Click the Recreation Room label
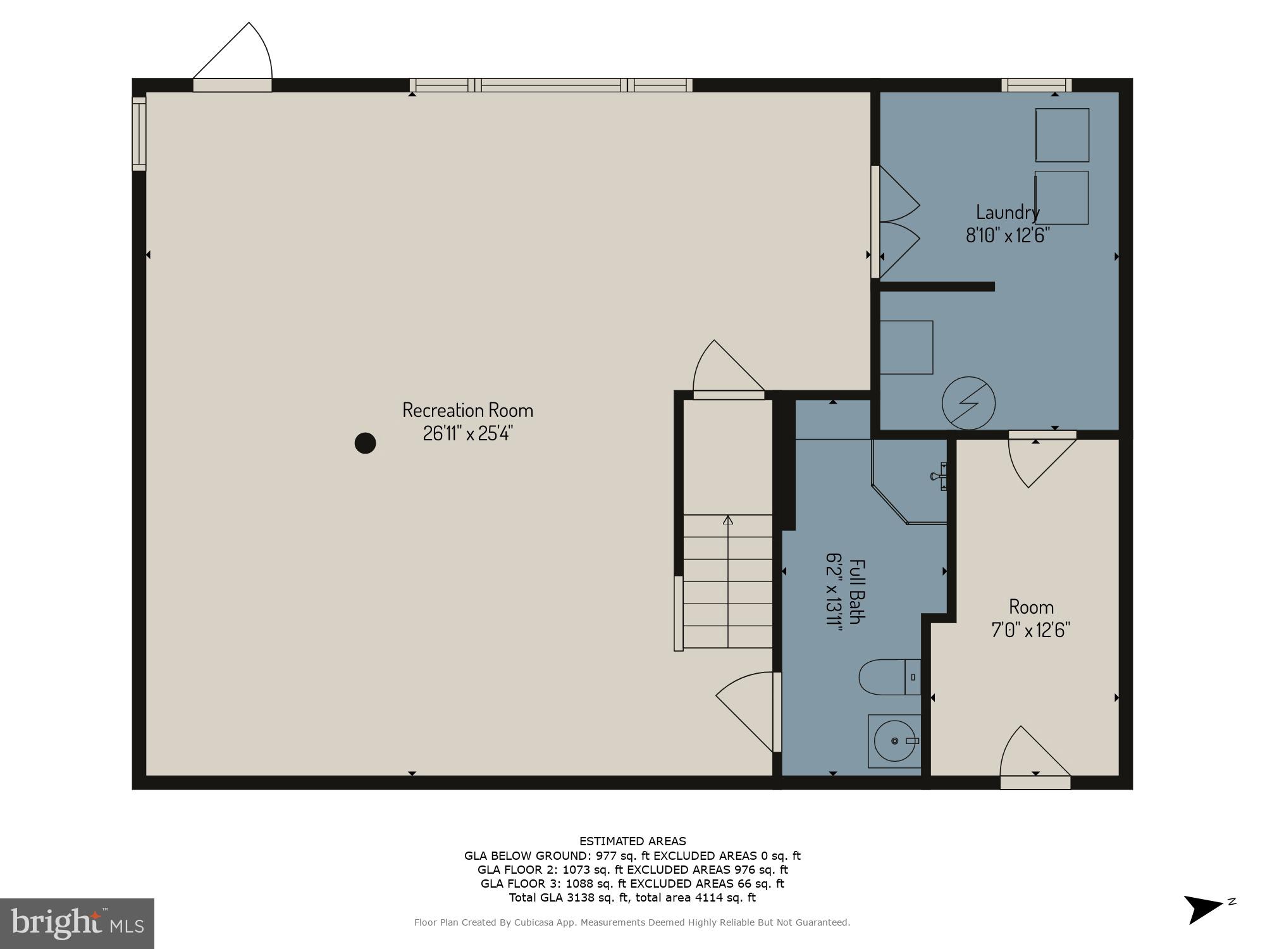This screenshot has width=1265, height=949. coord(467,410)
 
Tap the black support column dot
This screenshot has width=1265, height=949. coord(365,443)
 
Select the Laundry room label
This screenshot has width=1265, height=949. coord(1007,212)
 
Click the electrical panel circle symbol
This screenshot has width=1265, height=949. coord(968,403)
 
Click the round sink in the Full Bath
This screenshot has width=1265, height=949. coord(894,740)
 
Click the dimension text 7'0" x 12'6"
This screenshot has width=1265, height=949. coord(1030,630)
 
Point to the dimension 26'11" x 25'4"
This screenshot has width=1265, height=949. coord(467,433)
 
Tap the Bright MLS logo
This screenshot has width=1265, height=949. coord(77,923)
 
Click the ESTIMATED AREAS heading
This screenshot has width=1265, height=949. coord(632,841)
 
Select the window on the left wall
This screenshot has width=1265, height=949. coord(139,133)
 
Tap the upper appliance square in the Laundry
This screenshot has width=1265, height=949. coord(1062,135)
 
